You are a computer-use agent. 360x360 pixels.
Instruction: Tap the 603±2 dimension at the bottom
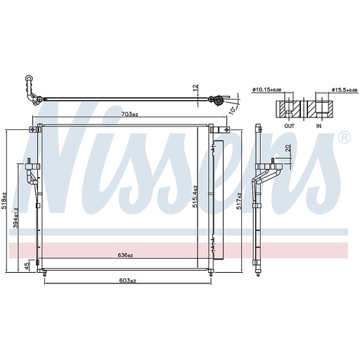(127, 281)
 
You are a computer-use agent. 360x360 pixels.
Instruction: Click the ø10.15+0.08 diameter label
(268, 91)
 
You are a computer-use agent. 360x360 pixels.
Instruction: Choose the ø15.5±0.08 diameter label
(328, 91)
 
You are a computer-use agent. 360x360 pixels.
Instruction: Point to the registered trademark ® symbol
(343, 138)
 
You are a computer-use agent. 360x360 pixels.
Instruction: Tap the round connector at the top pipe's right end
(219, 103)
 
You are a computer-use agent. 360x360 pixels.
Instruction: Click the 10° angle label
(233, 108)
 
